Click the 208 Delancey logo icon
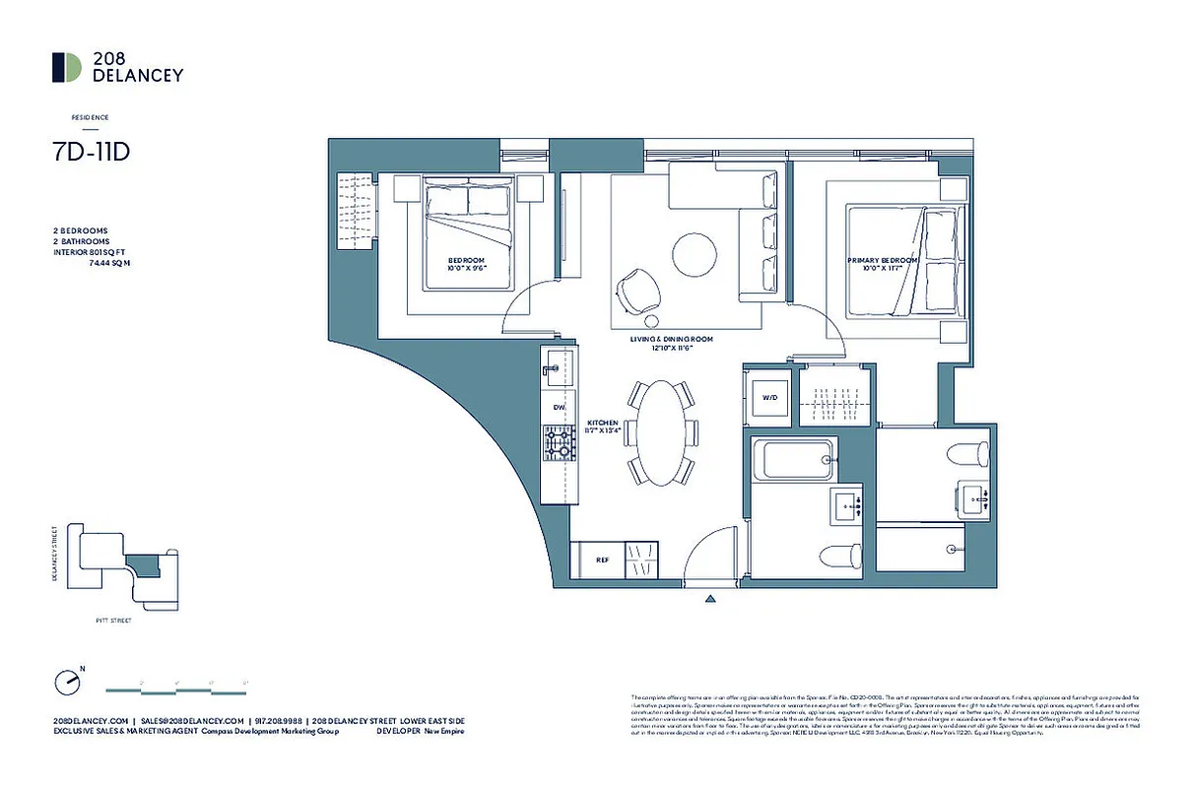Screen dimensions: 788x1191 pyautogui.click(x=67, y=67)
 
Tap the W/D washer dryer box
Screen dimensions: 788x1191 pyautogui.click(x=767, y=399)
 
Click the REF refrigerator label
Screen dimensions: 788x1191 pyautogui.click(x=602, y=558)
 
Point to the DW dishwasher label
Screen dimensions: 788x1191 pyautogui.click(x=559, y=406)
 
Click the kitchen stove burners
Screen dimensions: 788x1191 pyautogui.click(x=558, y=446)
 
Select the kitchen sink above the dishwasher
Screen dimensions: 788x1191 pyautogui.click(x=556, y=367)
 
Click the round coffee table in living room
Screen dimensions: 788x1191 pyautogui.click(x=695, y=256)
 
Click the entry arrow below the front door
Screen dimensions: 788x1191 pyautogui.click(x=710, y=596)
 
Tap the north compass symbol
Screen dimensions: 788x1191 pyautogui.click(x=66, y=681)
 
